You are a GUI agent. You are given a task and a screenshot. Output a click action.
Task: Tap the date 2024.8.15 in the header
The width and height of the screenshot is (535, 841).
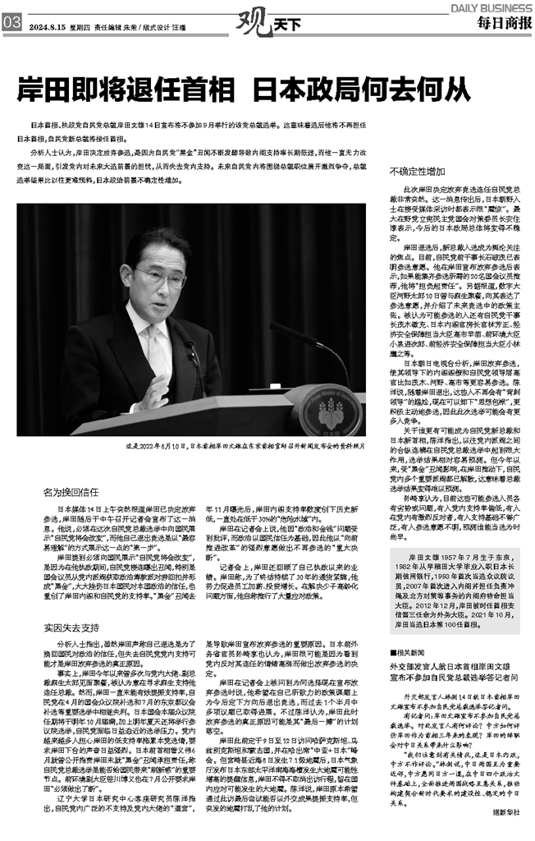tap(47, 25)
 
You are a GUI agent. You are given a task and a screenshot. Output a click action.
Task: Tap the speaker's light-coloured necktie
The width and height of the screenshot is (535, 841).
tap(155, 349)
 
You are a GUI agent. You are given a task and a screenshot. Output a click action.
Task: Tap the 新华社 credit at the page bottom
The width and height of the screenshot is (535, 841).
tap(508, 825)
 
